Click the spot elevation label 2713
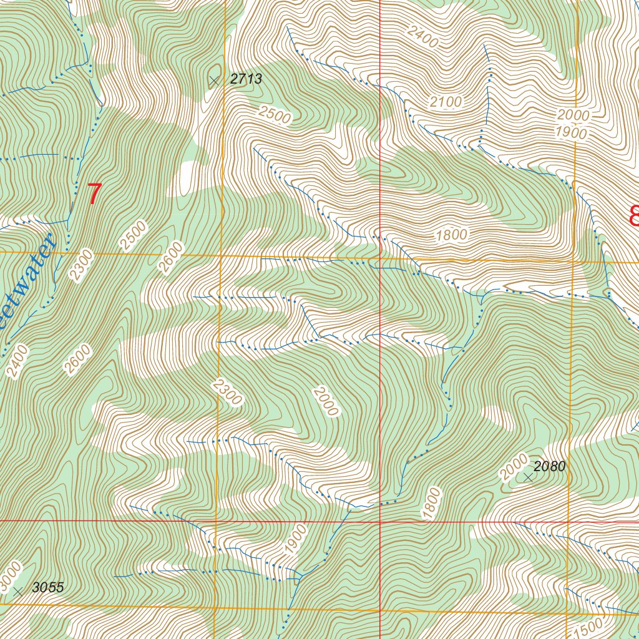246,79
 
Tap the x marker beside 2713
215,80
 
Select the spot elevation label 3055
48,587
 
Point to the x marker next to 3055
18,590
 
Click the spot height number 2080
549,466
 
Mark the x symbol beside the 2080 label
529,477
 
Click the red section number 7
94,194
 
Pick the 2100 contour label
446,102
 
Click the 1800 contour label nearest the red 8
452,235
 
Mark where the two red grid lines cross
380,520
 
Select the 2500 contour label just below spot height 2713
275,115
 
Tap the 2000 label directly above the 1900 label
573,115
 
